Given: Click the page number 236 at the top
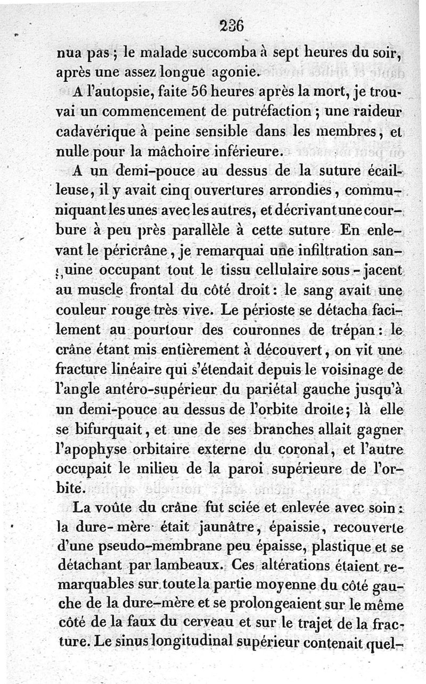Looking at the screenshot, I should coord(231,26).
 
